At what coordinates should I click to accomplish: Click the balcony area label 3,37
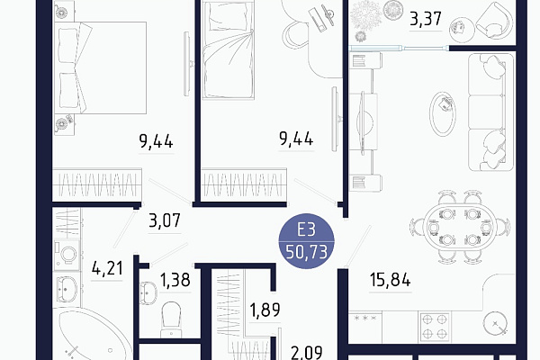(426, 19)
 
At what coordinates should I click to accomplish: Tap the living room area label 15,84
(391, 280)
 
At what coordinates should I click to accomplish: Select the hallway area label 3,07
(165, 220)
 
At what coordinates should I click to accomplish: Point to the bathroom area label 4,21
(107, 268)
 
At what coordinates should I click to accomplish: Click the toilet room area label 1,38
(175, 280)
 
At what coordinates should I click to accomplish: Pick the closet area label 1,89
(265, 310)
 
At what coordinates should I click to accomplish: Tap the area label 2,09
(307, 353)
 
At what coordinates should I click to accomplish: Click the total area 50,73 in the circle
(307, 252)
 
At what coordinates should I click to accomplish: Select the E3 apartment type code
(306, 229)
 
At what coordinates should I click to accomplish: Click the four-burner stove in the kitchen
(435, 327)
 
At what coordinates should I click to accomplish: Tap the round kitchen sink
(495, 324)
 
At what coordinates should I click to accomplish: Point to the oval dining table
(460, 228)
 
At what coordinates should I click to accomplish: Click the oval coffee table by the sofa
(443, 114)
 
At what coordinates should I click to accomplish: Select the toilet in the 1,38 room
(170, 319)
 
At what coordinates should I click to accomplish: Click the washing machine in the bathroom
(67, 255)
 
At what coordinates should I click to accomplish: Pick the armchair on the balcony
(494, 22)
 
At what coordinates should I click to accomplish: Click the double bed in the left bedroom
(101, 67)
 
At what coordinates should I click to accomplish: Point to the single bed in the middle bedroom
(228, 50)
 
